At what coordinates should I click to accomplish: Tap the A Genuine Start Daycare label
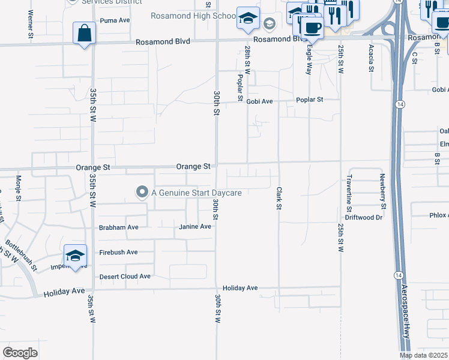[196, 193]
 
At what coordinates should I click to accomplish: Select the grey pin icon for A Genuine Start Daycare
[142, 192]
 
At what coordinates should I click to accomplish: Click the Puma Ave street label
[115, 20]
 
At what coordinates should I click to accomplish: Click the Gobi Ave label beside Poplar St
[259, 101]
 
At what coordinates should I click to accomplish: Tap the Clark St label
[279, 199]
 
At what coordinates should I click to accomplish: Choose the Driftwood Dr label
[364, 217]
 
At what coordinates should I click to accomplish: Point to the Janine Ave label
[195, 227]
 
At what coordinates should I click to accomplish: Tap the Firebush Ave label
[118, 252]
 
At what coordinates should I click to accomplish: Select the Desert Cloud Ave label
[125, 277]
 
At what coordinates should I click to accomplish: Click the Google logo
[20, 352]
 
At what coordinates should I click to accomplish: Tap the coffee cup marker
[312, 27]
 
